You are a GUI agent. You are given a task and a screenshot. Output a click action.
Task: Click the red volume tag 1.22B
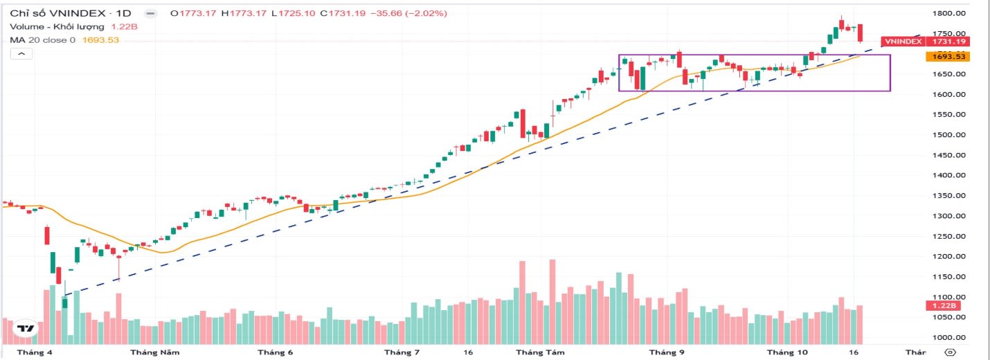click(944, 305)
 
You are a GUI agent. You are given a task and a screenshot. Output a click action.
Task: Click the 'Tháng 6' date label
click(275, 352)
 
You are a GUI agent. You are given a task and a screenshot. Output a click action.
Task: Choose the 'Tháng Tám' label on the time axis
click(540, 352)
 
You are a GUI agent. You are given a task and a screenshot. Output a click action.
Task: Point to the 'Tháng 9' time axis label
click(666, 352)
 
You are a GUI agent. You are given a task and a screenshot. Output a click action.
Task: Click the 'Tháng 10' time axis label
click(791, 352)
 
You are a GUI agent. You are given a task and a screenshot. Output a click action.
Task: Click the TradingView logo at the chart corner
click(26, 329)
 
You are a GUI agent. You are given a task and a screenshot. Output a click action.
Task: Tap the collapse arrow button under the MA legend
click(21, 53)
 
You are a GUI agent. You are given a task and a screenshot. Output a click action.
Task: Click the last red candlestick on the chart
click(861, 33)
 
